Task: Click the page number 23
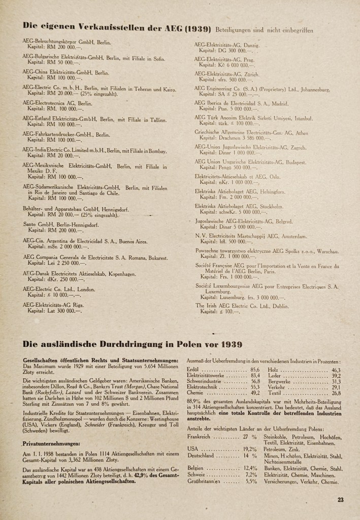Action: (340, 500)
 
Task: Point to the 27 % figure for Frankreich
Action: (249, 437)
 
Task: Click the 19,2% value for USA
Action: (249, 449)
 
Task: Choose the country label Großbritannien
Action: (204, 481)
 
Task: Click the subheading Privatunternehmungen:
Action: (51, 443)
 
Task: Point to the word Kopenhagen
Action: (115, 274)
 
